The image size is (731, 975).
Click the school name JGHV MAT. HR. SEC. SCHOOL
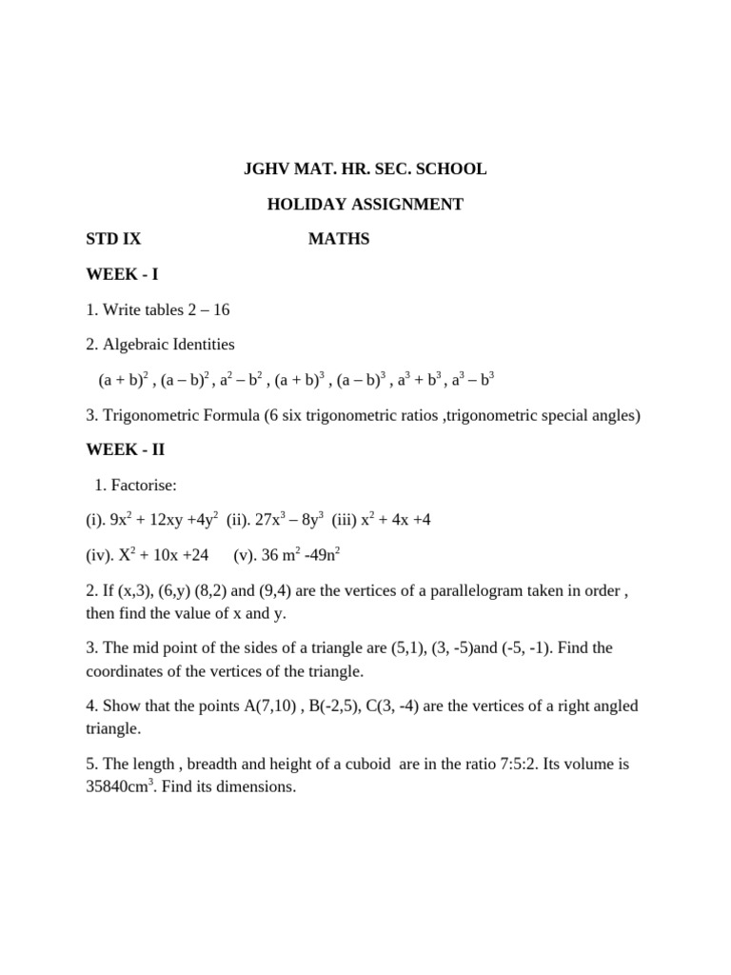coord(365,169)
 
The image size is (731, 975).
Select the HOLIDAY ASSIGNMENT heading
coord(365,205)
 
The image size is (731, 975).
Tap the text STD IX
coord(113,239)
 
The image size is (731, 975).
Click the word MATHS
coord(339,239)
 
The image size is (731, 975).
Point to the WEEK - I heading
coord(122,274)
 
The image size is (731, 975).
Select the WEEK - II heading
coord(125,450)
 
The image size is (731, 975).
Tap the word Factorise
coord(144,486)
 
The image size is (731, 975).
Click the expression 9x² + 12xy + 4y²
coord(165,520)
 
